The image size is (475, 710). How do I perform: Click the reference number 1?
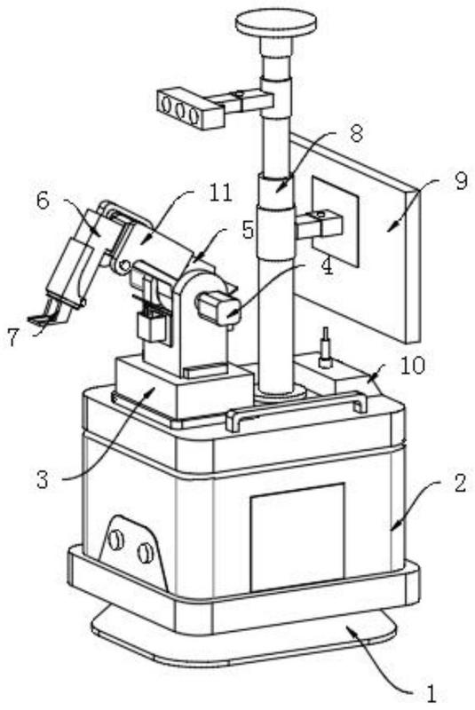(431, 694)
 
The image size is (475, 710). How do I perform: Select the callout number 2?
(460, 483)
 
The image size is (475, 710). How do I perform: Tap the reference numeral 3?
(42, 479)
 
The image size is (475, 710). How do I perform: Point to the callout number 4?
(326, 267)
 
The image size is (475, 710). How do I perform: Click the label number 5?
(247, 230)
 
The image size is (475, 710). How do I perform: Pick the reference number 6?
(42, 201)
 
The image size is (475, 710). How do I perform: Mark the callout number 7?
(13, 337)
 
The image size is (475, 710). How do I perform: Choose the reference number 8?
(356, 134)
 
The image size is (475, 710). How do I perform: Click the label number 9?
(460, 181)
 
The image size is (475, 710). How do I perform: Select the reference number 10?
(412, 366)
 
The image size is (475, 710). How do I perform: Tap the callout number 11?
(220, 193)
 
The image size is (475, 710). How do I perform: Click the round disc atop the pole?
(276, 24)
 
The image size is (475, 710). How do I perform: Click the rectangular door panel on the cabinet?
(297, 537)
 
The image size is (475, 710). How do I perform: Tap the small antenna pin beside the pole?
(325, 346)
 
